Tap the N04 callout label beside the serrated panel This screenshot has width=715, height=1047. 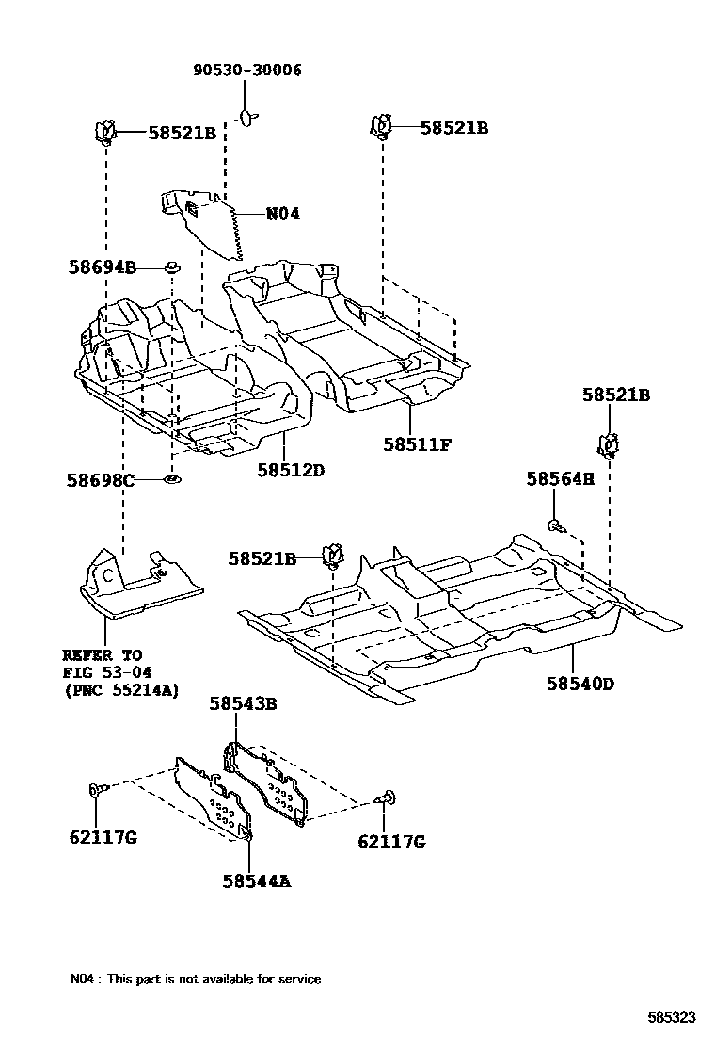pos(282,214)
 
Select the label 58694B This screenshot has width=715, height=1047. pos(102,268)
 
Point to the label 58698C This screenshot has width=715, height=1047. pos(100,480)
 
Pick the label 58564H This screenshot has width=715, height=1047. pos(561,479)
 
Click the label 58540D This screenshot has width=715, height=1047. pos(580,683)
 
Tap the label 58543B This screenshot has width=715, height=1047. pos(243,702)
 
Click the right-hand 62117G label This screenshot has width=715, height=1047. pos(391,842)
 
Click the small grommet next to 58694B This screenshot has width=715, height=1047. pos(172,269)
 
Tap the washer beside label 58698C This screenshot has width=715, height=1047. pos(172,481)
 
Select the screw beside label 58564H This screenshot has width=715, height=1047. pos(556,523)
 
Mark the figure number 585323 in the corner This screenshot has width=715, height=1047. pos(671,1017)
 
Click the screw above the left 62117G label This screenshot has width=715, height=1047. pos(98,788)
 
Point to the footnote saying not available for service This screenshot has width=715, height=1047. pos(195,978)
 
